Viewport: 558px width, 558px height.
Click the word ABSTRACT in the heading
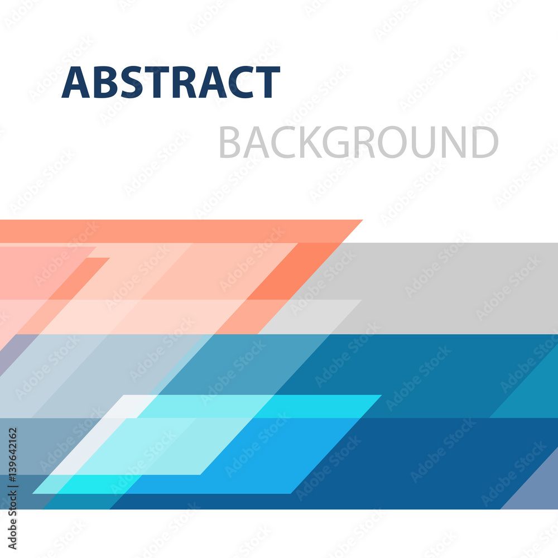[x=171, y=82]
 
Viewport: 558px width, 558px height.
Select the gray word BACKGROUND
[x=359, y=142]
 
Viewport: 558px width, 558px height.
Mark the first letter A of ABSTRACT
[x=75, y=82]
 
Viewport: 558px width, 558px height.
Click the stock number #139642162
[x=12, y=456]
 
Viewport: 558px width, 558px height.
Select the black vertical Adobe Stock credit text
[x=12, y=488]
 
